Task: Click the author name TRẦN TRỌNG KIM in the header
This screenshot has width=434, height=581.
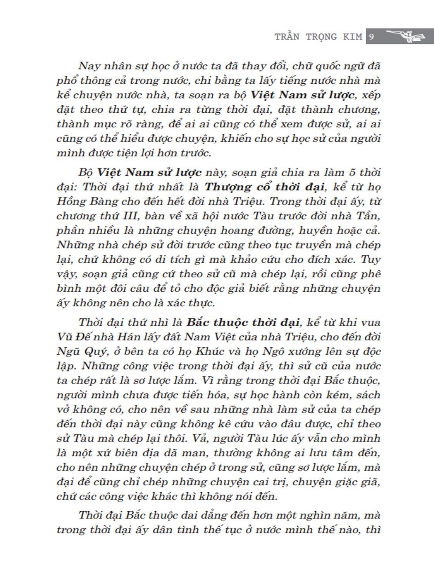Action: [x=318, y=37]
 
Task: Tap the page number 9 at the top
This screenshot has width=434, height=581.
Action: [x=371, y=37]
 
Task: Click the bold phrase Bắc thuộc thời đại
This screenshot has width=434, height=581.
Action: [x=243, y=322]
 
